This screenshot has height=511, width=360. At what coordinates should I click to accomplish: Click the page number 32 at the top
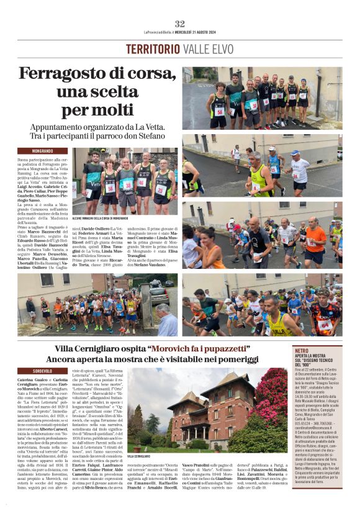tap(179, 24)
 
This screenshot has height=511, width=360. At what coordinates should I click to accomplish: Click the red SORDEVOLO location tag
tap(43, 371)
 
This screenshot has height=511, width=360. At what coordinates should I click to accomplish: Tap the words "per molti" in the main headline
tap(98, 111)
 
